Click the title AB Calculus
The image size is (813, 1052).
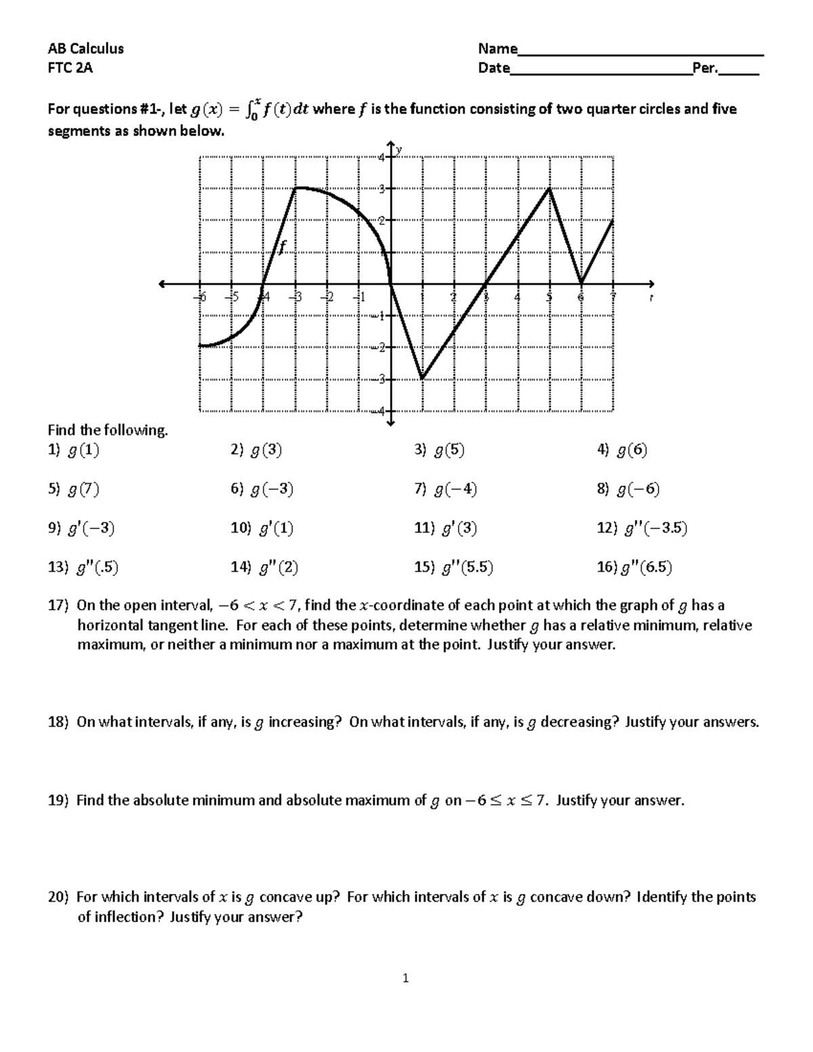pyautogui.click(x=85, y=48)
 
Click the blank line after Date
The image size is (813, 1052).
pyautogui.click(x=600, y=72)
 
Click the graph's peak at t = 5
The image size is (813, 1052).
pyautogui.click(x=549, y=189)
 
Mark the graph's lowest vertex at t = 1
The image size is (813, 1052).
pyautogui.click(x=422, y=379)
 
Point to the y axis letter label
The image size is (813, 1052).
pyautogui.click(x=400, y=149)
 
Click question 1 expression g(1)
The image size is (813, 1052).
pyautogui.click(x=83, y=450)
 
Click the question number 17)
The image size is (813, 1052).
pyautogui.click(x=58, y=606)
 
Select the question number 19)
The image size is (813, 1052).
pyautogui.click(x=58, y=801)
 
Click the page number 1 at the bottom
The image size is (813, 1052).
pyautogui.click(x=406, y=977)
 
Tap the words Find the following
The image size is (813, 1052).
pyautogui.click(x=107, y=430)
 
